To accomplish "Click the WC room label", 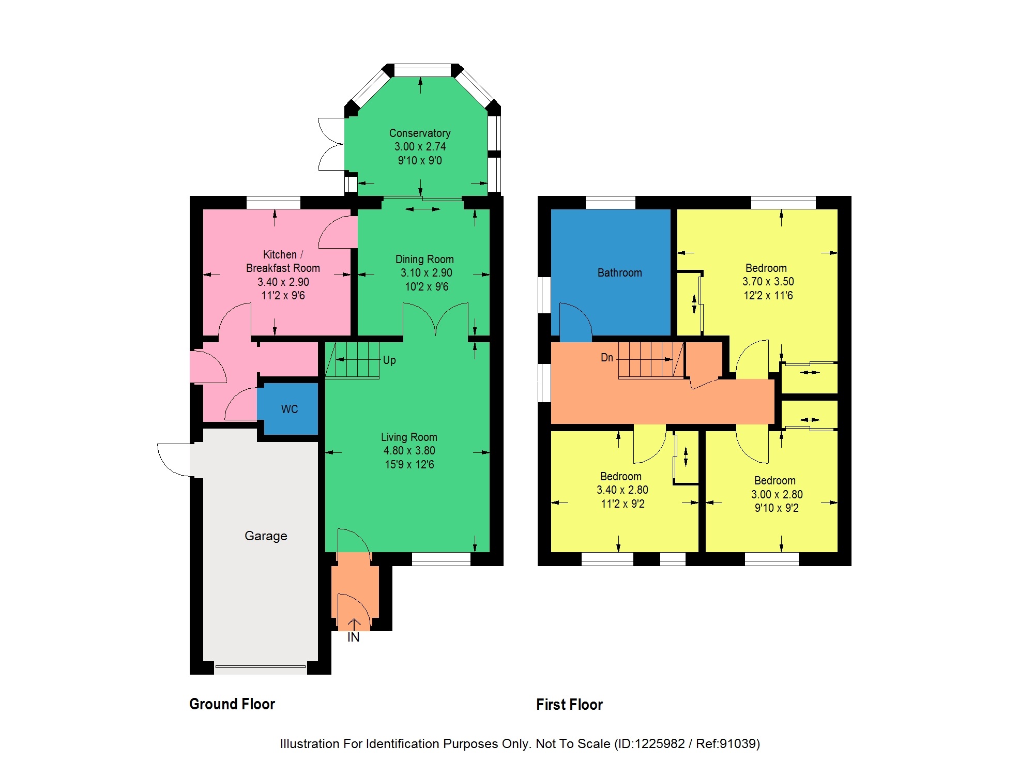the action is (x=290, y=409).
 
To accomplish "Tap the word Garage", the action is (x=266, y=536).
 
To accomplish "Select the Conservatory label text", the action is (x=420, y=133).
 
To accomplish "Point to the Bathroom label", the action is (x=620, y=273).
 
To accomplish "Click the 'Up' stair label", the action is (x=389, y=360).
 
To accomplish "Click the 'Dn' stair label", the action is (x=607, y=358).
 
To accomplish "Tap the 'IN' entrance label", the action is (x=354, y=637).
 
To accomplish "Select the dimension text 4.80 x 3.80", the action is (x=409, y=451).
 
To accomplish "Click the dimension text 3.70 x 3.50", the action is (x=768, y=282).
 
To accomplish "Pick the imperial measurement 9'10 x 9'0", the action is (x=420, y=161).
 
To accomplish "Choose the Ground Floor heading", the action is (x=232, y=704).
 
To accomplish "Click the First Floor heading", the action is (x=570, y=705).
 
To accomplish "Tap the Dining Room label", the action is (x=424, y=260).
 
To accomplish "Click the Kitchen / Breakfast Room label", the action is (x=283, y=262).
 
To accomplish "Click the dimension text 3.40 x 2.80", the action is (x=622, y=490).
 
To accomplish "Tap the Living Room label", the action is (x=409, y=437).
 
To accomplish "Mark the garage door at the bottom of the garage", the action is (x=261, y=667).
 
